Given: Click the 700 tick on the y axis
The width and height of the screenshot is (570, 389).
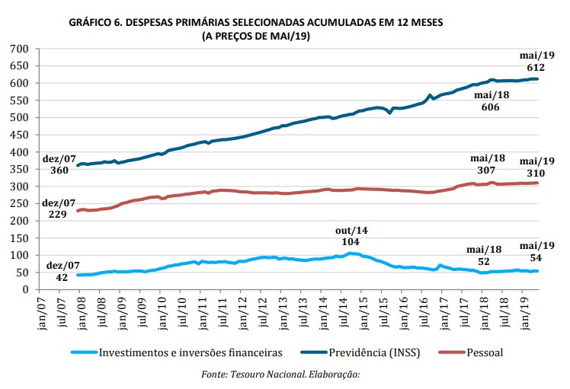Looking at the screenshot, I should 19,49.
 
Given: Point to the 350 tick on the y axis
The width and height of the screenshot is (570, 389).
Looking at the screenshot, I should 19,169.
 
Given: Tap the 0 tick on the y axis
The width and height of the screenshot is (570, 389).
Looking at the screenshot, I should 25,289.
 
